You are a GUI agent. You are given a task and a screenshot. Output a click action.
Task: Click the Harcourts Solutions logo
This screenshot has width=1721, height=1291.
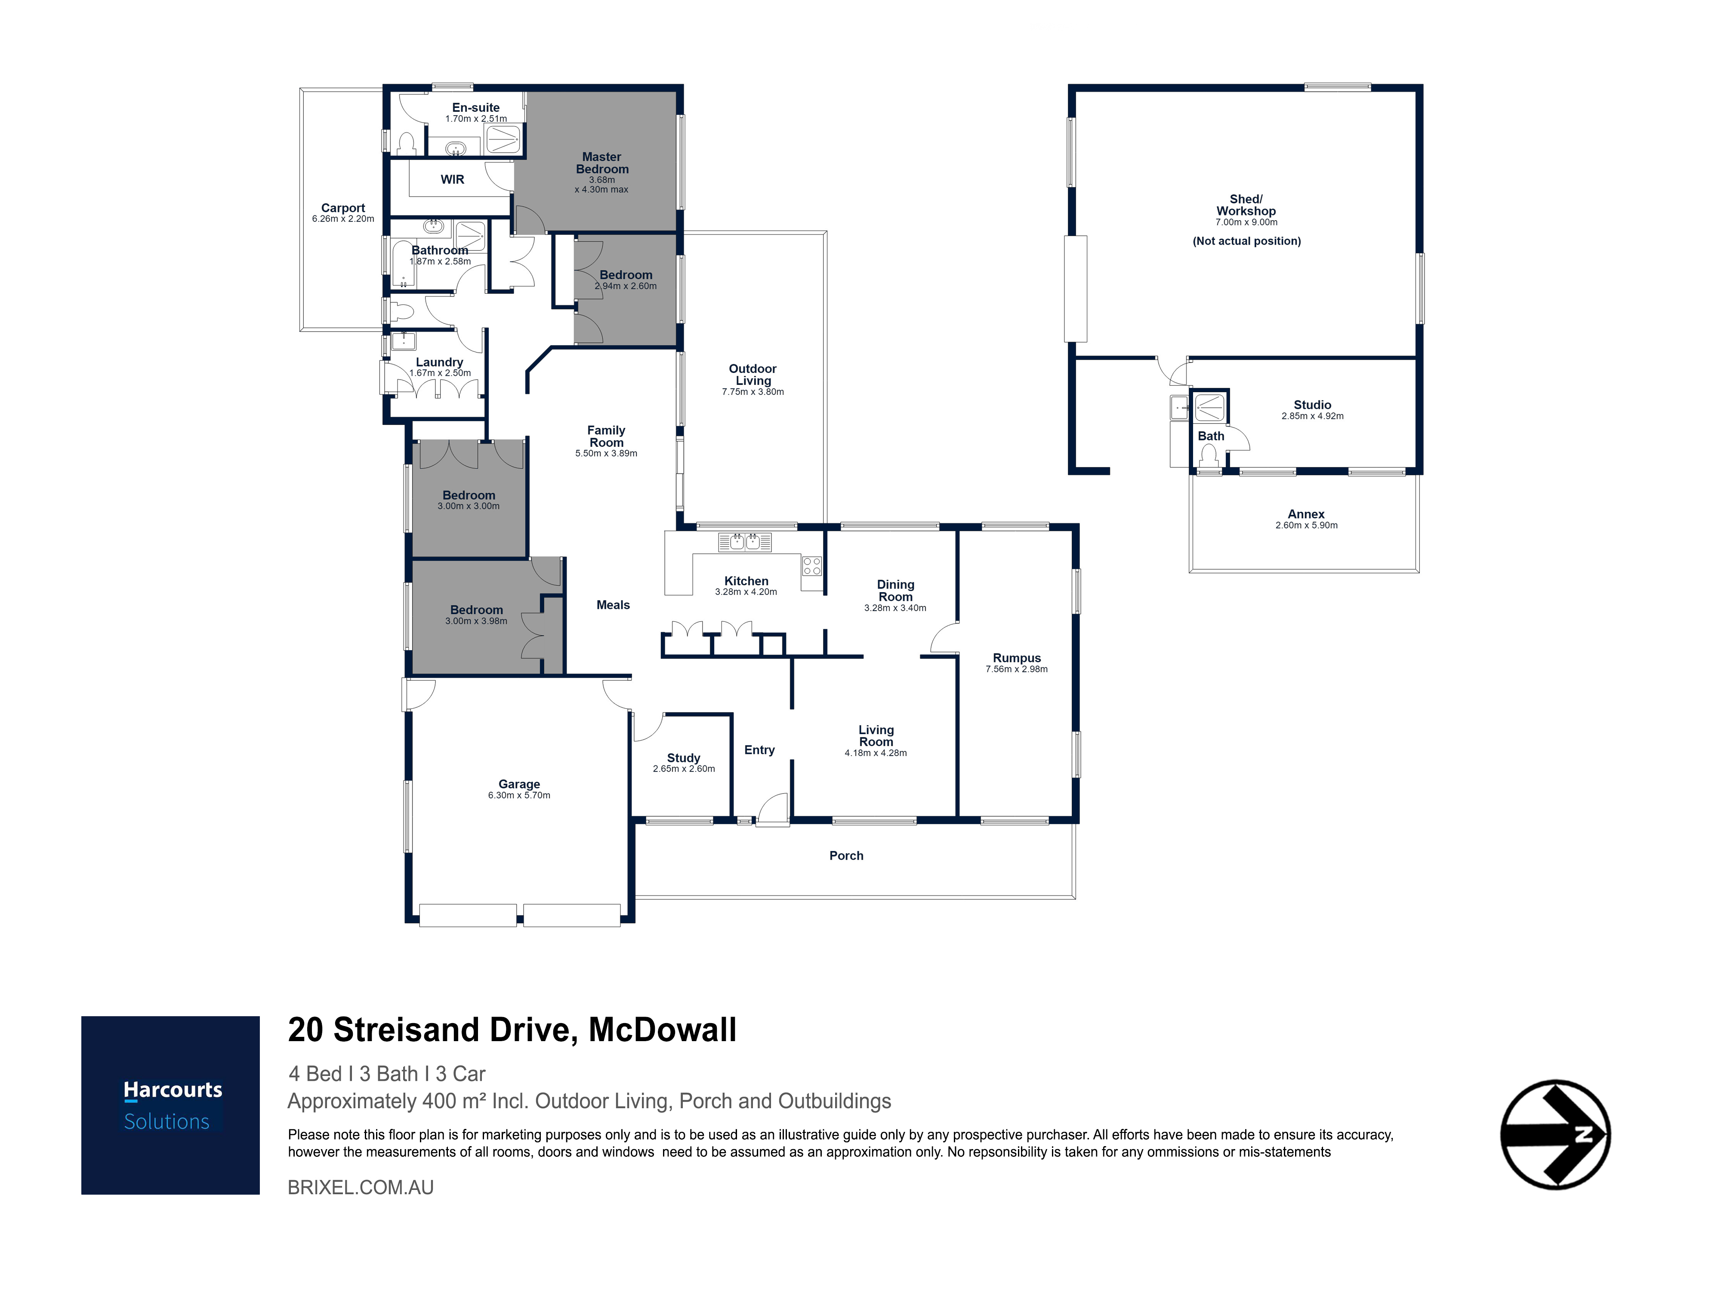(x=170, y=1105)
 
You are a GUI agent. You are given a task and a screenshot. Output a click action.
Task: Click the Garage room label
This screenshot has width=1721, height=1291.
(x=519, y=784)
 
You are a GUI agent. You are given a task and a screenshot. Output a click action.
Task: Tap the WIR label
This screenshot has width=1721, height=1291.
(x=452, y=180)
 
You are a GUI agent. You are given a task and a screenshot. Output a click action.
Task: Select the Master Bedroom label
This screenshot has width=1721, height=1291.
(x=602, y=163)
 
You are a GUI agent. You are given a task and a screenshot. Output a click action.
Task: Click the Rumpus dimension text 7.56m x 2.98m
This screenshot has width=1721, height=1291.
(x=1017, y=669)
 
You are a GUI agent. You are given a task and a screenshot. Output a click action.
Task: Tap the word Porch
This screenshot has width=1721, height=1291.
(x=846, y=855)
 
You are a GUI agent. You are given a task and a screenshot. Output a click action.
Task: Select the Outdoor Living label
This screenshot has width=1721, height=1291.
(x=753, y=375)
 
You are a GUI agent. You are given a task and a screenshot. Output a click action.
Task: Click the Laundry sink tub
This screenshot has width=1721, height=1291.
(x=403, y=341)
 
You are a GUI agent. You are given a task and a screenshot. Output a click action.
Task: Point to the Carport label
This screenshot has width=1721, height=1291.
(x=343, y=208)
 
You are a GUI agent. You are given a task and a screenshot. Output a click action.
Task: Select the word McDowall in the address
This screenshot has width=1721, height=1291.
(x=662, y=1030)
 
